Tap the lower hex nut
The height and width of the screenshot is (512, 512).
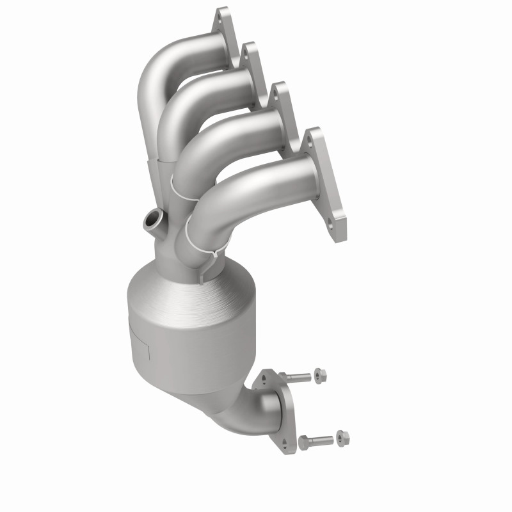[x=343, y=438]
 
